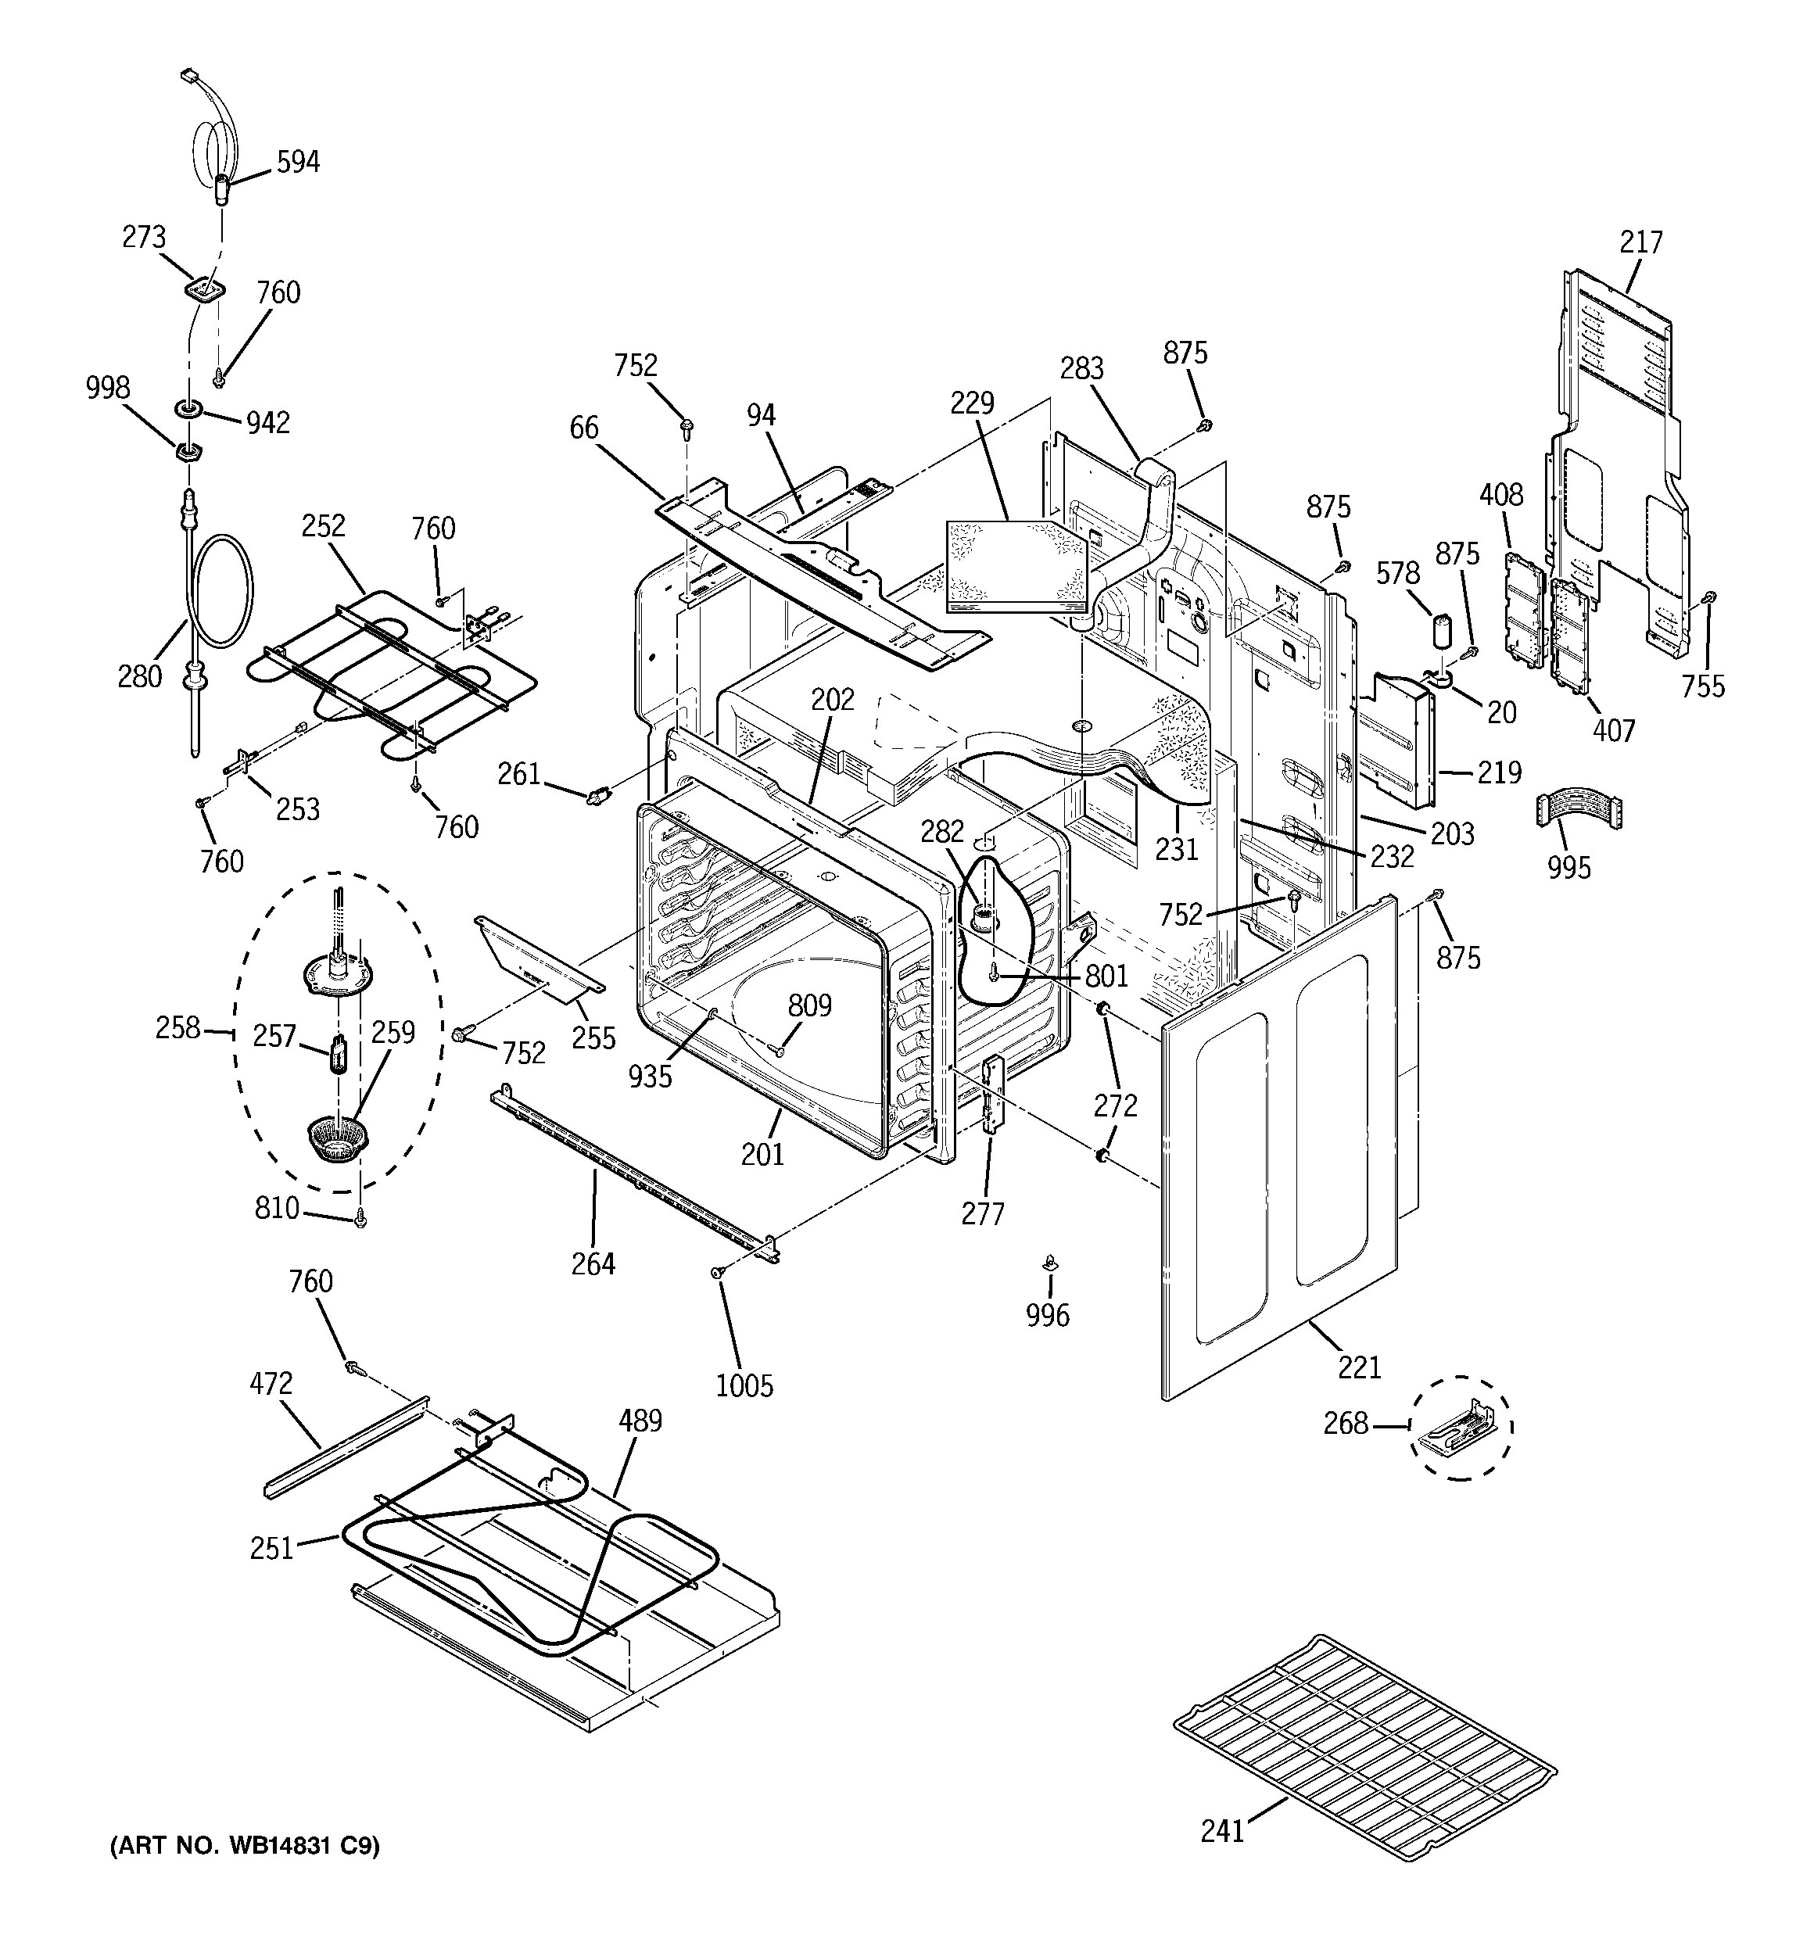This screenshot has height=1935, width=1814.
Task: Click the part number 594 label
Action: click(x=297, y=162)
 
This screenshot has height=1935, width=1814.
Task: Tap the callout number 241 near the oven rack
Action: click(x=1222, y=1832)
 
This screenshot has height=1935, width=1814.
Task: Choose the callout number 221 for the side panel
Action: click(x=1359, y=1367)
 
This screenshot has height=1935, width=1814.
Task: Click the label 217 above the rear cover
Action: click(x=1640, y=242)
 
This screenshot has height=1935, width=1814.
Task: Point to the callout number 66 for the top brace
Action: click(x=584, y=428)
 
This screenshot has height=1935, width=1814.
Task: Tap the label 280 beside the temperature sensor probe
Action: click(x=139, y=676)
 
